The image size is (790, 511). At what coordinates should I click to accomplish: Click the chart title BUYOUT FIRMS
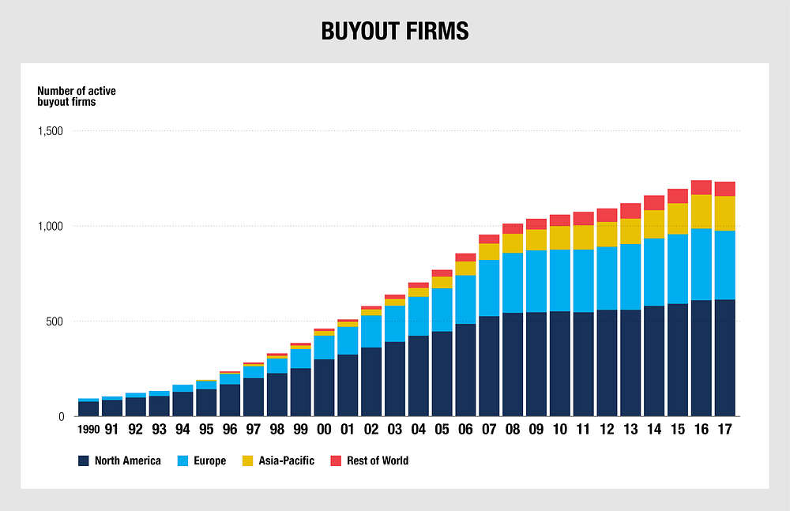pyautogui.click(x=394, y=31)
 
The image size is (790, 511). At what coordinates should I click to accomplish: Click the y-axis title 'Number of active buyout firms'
pyautogui.click(x=77, y=96)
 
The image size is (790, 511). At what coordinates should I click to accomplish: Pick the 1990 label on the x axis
pyautogui.click(x=88, y=430)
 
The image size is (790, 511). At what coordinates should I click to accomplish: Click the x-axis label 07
pyautogui.click(x=489, y=430)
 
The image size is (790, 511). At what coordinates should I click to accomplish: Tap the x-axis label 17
pyautogui.click(x=724, y=430)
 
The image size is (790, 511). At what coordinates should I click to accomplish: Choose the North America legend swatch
pyautogui.click(x=83, y=460)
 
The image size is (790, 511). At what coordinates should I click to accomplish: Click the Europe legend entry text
pyautogui.click(x=209, y=460)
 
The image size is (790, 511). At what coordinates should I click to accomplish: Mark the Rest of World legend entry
pyautogui.click(x=377, y=460)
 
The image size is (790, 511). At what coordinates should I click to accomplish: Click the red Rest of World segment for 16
pyautogui.click(x=701, y=187)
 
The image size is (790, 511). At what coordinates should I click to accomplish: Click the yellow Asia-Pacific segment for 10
pyautogui.click(x=559, y=238)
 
